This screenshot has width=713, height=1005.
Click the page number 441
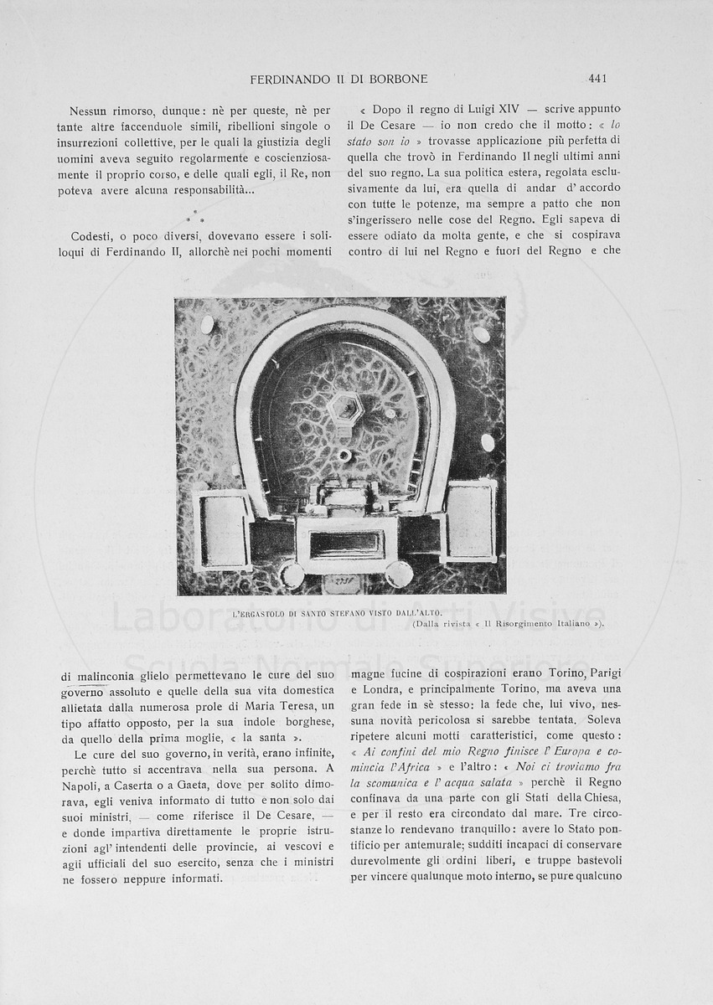point(597,79)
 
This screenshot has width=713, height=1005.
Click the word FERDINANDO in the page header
point(288,79)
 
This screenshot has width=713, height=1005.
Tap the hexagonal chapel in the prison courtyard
point(345,408)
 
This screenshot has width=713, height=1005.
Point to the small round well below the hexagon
point(344,455)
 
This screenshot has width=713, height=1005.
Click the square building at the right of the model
point(472,520)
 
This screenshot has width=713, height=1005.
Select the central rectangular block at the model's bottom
point(347,545)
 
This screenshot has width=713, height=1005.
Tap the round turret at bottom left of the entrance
point(292,575)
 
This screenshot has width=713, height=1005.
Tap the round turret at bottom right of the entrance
point(399,575)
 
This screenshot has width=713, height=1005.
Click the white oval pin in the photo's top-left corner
point(207,324)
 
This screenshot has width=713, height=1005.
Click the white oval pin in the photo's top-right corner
point(481,334)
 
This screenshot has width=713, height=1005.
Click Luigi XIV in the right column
point(498,110)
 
